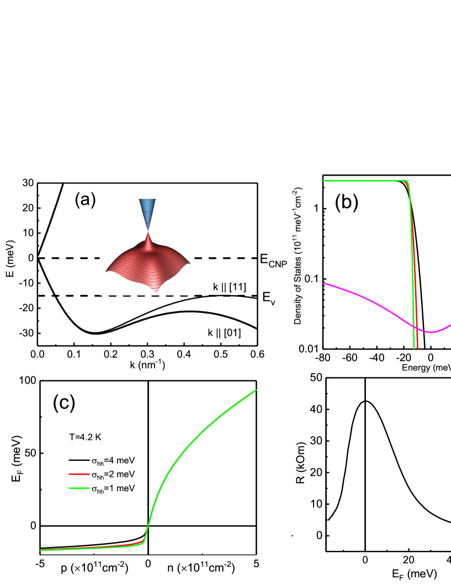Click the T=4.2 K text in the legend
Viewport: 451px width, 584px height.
pos(85,437)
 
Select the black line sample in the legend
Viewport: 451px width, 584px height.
pos(79,460)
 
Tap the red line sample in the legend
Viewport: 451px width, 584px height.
pos(79,475)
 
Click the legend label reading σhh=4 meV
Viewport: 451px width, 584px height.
pos(113,460)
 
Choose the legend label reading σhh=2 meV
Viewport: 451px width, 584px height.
pos(113,475)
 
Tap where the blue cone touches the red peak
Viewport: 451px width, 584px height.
pos(147,232)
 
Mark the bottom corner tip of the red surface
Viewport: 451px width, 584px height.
pos(157,291)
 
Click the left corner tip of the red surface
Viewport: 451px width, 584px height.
pos(106,271)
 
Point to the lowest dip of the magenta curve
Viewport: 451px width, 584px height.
pos(431,332)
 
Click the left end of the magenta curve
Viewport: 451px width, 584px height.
pos(323,283)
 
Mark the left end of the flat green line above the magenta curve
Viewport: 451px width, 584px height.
pos(323,180)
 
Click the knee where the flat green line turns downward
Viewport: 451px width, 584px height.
pos(407,182)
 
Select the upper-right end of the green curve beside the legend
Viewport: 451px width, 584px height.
pos(257,390)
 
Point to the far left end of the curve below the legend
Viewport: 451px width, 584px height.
pos(40,550)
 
